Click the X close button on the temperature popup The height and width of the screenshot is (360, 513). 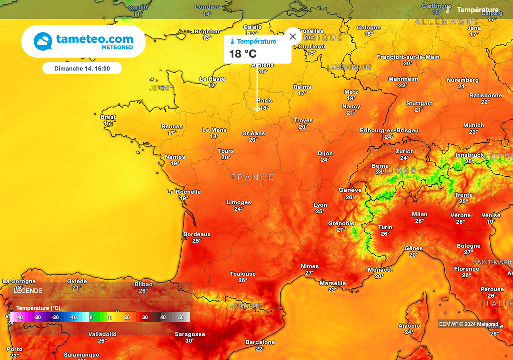click(x=293, y=36)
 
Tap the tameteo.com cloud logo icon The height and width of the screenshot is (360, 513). click(x=43, y=41)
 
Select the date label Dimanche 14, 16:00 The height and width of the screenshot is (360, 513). click(x=82, y=68)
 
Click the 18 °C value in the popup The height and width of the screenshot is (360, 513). click(x=243, y=54)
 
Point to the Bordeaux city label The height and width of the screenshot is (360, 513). click(x=197, y=234)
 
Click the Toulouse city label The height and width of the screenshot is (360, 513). click(x=243, y=274)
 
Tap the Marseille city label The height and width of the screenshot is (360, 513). click(x=333, y=283)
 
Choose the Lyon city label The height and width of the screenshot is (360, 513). click(x=320, y=205)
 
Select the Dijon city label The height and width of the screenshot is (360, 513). click(x=325, y=154)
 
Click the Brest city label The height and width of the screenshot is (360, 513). click(x=108, y=117)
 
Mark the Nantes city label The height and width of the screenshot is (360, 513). click(x=175, y=157)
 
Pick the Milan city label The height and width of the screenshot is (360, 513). click(x=420, y=214)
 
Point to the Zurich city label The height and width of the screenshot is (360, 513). click(x=405, y=151)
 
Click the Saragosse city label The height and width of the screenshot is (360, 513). click(x=190, y=334)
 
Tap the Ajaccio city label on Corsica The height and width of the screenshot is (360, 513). click(x=409, y=326)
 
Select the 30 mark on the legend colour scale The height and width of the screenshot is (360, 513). click(x=145, y=317)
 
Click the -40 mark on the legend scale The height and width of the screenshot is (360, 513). click(x=19, y=317)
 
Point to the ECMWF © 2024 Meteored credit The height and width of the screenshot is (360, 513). click(x=468, y=324)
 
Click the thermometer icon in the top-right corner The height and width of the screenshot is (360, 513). click(x=448, y=10)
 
